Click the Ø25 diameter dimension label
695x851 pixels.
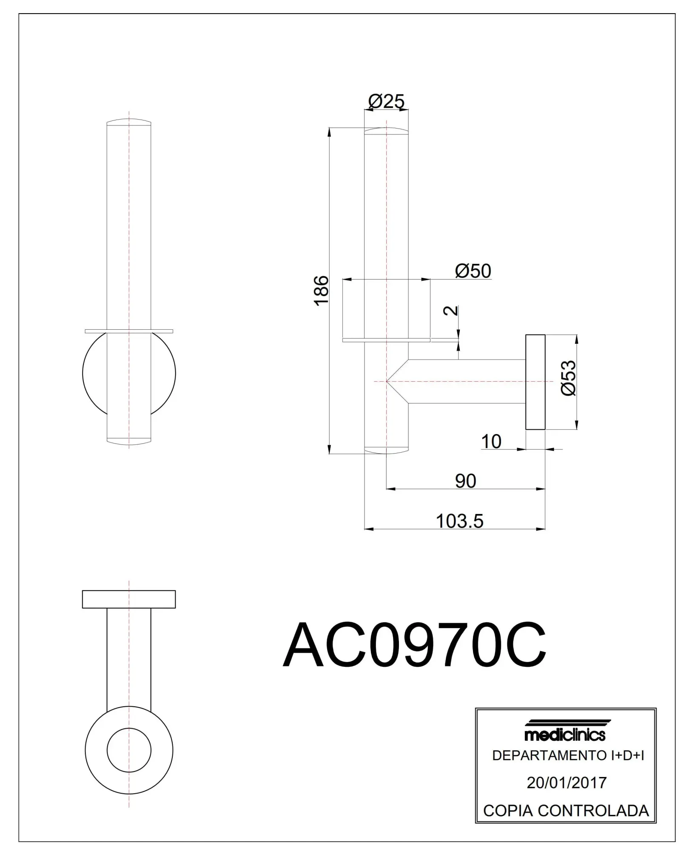tap(386, 101)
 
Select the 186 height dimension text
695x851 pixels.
tap(322, 290)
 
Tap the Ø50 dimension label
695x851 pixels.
tap(473, 271)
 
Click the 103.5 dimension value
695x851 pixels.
tap(459, 521)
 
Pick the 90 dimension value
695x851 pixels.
tap(465, 481)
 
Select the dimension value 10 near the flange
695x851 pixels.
tap(491, 442)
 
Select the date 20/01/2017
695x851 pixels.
tap(567, 782)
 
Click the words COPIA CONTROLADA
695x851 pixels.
tap(566, 810)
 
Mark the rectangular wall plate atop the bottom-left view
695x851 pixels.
tap(129, 599)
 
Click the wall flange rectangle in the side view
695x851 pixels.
tap(535, 382)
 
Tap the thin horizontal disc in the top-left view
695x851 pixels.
tap(129, 331)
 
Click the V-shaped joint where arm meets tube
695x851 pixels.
tap(398, 381)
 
